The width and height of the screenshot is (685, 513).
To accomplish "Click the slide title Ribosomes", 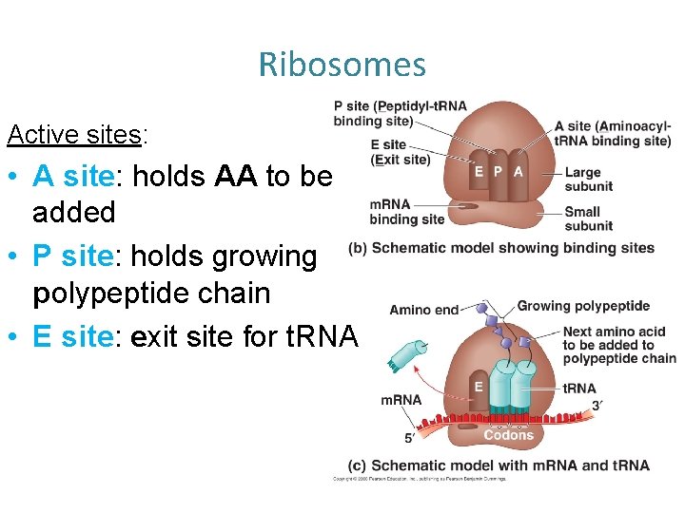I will [x=342, y=65].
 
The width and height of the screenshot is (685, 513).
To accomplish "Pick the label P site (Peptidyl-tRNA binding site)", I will [x=400, y=113].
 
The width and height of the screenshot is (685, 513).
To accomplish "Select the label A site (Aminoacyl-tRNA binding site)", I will [x=612, y=133].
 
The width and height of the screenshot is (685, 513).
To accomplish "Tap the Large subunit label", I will [x=588, y=179].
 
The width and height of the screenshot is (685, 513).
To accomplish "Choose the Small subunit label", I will [x=588, y=218].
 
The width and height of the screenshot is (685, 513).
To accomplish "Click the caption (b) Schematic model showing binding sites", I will [x=501, y=249].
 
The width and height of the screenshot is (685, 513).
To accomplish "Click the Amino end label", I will [x=423, y=310].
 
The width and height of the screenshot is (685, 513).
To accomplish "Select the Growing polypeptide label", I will [x=583, y=306].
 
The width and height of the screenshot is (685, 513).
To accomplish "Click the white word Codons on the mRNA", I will [x=508, y=435].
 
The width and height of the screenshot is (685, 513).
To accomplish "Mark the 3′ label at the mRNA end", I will [x=597, y=405].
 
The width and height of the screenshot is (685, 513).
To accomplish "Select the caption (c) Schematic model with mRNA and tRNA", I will [x=499, y=465].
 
